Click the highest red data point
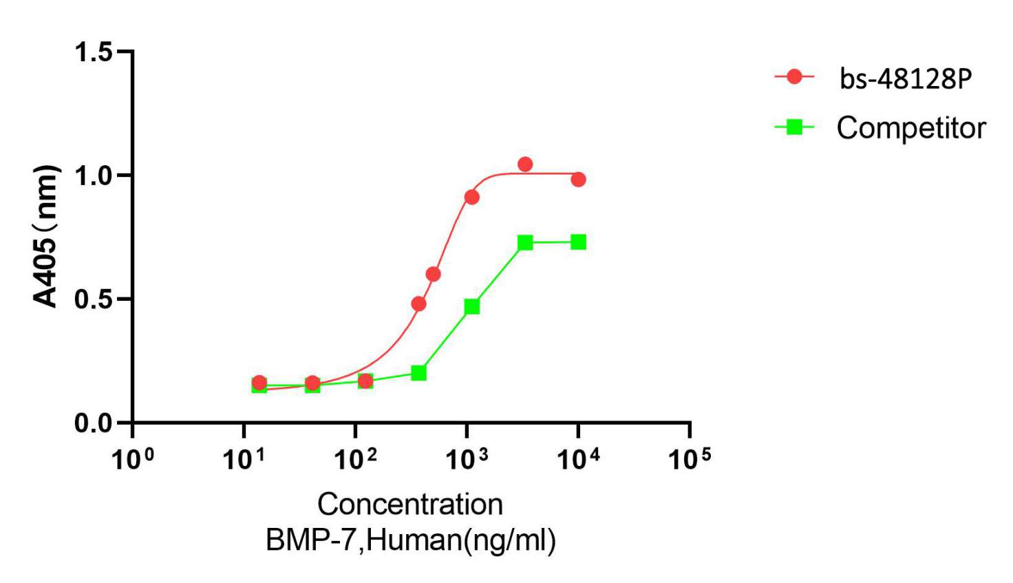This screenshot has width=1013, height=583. [525, 164]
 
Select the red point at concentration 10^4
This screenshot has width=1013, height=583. [578, 179]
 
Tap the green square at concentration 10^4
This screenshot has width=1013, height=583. [578, 242]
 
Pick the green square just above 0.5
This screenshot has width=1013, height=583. [471, 306]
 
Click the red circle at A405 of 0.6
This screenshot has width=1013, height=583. [433, 274]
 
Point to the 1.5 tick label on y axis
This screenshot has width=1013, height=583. [94, 52]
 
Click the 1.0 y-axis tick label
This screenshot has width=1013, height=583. [94, 176]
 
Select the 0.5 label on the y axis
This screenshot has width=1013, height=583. [94, 299]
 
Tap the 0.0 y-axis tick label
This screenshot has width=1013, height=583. [94, 423]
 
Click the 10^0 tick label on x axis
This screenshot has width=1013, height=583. [132, 458]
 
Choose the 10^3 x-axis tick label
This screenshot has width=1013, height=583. [467, 458]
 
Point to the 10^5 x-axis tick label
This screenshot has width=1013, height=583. [690, 458]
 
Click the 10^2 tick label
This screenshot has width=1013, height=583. [355, 458]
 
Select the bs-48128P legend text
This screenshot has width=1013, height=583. [905, 78]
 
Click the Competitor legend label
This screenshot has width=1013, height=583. [911, 128]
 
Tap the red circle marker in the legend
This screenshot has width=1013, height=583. [794, 76]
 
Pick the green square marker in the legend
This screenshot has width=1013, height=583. [794, 127]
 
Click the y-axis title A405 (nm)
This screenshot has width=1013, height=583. [46, 236]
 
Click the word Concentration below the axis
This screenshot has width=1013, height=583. [410, 505]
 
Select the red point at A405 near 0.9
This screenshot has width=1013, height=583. [471, 197]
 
